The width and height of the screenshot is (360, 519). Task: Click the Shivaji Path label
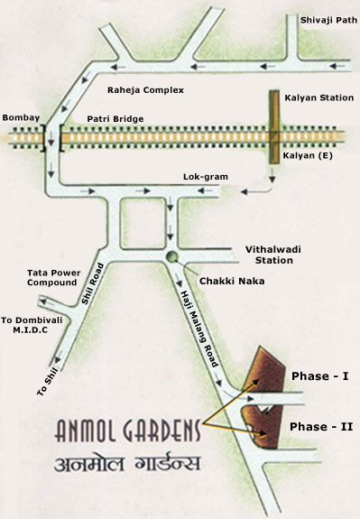[x=323, y=16]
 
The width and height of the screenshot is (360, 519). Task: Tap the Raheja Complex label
[x=145, y=91]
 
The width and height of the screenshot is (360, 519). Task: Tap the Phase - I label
[x=318, y=373]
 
